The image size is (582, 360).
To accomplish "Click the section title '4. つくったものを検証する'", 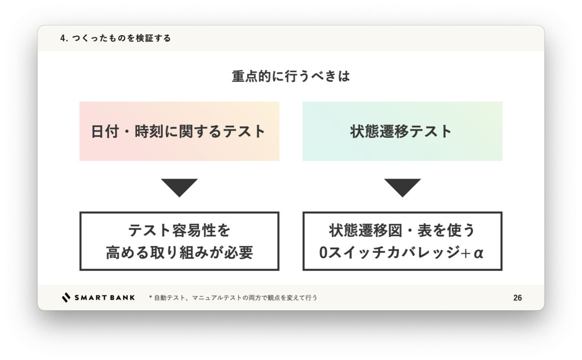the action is (115, 38).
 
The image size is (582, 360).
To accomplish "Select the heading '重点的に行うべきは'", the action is (291, 77).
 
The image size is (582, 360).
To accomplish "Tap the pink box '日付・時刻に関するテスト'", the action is (179, 131).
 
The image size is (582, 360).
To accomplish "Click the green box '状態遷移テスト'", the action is (402, 131).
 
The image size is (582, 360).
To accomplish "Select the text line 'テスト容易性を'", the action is (179, 229).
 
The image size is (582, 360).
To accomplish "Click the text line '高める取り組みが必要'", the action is (179, 252).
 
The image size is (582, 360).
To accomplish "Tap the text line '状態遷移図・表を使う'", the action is (402, 229).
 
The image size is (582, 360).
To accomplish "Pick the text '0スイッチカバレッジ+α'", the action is (402, 252).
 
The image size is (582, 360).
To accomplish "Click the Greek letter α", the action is (479, 253).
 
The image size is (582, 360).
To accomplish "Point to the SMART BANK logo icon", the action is (66, 297).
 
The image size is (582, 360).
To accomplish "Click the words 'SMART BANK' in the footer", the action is (104, 297).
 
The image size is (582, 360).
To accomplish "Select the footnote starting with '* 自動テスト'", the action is (233, 297).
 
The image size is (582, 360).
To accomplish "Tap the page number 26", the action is (517, 298).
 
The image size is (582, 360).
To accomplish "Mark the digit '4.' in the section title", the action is (64, 38).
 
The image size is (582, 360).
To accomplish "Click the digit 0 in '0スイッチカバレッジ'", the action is (324, 253).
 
